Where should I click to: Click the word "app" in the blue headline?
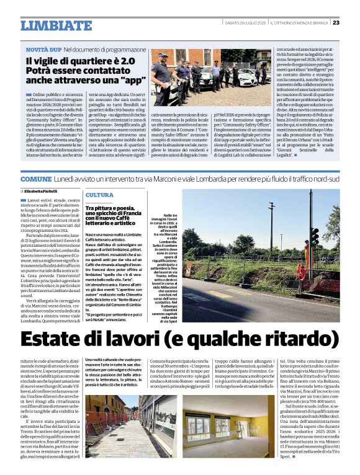(130, 80)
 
